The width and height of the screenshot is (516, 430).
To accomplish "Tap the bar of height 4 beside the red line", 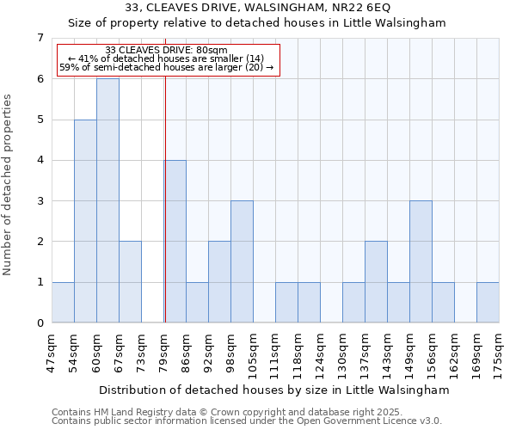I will (x=175, y=241).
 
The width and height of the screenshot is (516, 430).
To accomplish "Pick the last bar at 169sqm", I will (x=488, y=302).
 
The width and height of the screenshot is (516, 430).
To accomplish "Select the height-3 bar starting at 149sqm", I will (x=421, y=261).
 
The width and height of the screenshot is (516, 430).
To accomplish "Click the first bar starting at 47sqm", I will (x=63, y=302).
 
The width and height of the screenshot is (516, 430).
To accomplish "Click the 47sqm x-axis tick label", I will (x=52, y=353).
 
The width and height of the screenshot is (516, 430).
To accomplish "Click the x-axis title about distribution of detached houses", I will (x=273, y=390).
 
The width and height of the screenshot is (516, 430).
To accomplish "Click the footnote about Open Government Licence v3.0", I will (x=247, y=421).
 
